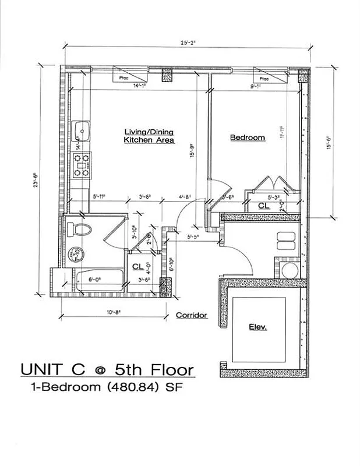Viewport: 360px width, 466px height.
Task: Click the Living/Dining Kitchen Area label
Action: [x=149, y=136]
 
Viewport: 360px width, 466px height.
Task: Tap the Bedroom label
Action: [x=248, y=137]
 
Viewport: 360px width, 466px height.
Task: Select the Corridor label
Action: [x=192, y=315]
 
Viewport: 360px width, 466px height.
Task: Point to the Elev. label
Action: [x=258, y=327]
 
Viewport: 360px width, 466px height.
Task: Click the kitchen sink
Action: [x=81, y=130]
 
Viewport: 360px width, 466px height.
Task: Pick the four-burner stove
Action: [x=81, y=164]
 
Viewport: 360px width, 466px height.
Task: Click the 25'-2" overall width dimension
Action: [x=188, y=43]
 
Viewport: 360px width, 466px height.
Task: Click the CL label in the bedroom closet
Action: [x=263, y=206]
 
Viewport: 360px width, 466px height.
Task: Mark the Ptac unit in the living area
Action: [x=123, y=76]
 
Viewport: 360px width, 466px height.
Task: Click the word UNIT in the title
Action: [x=43, y=369]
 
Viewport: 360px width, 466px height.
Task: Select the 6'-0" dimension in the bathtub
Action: [x=95, y=279]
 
